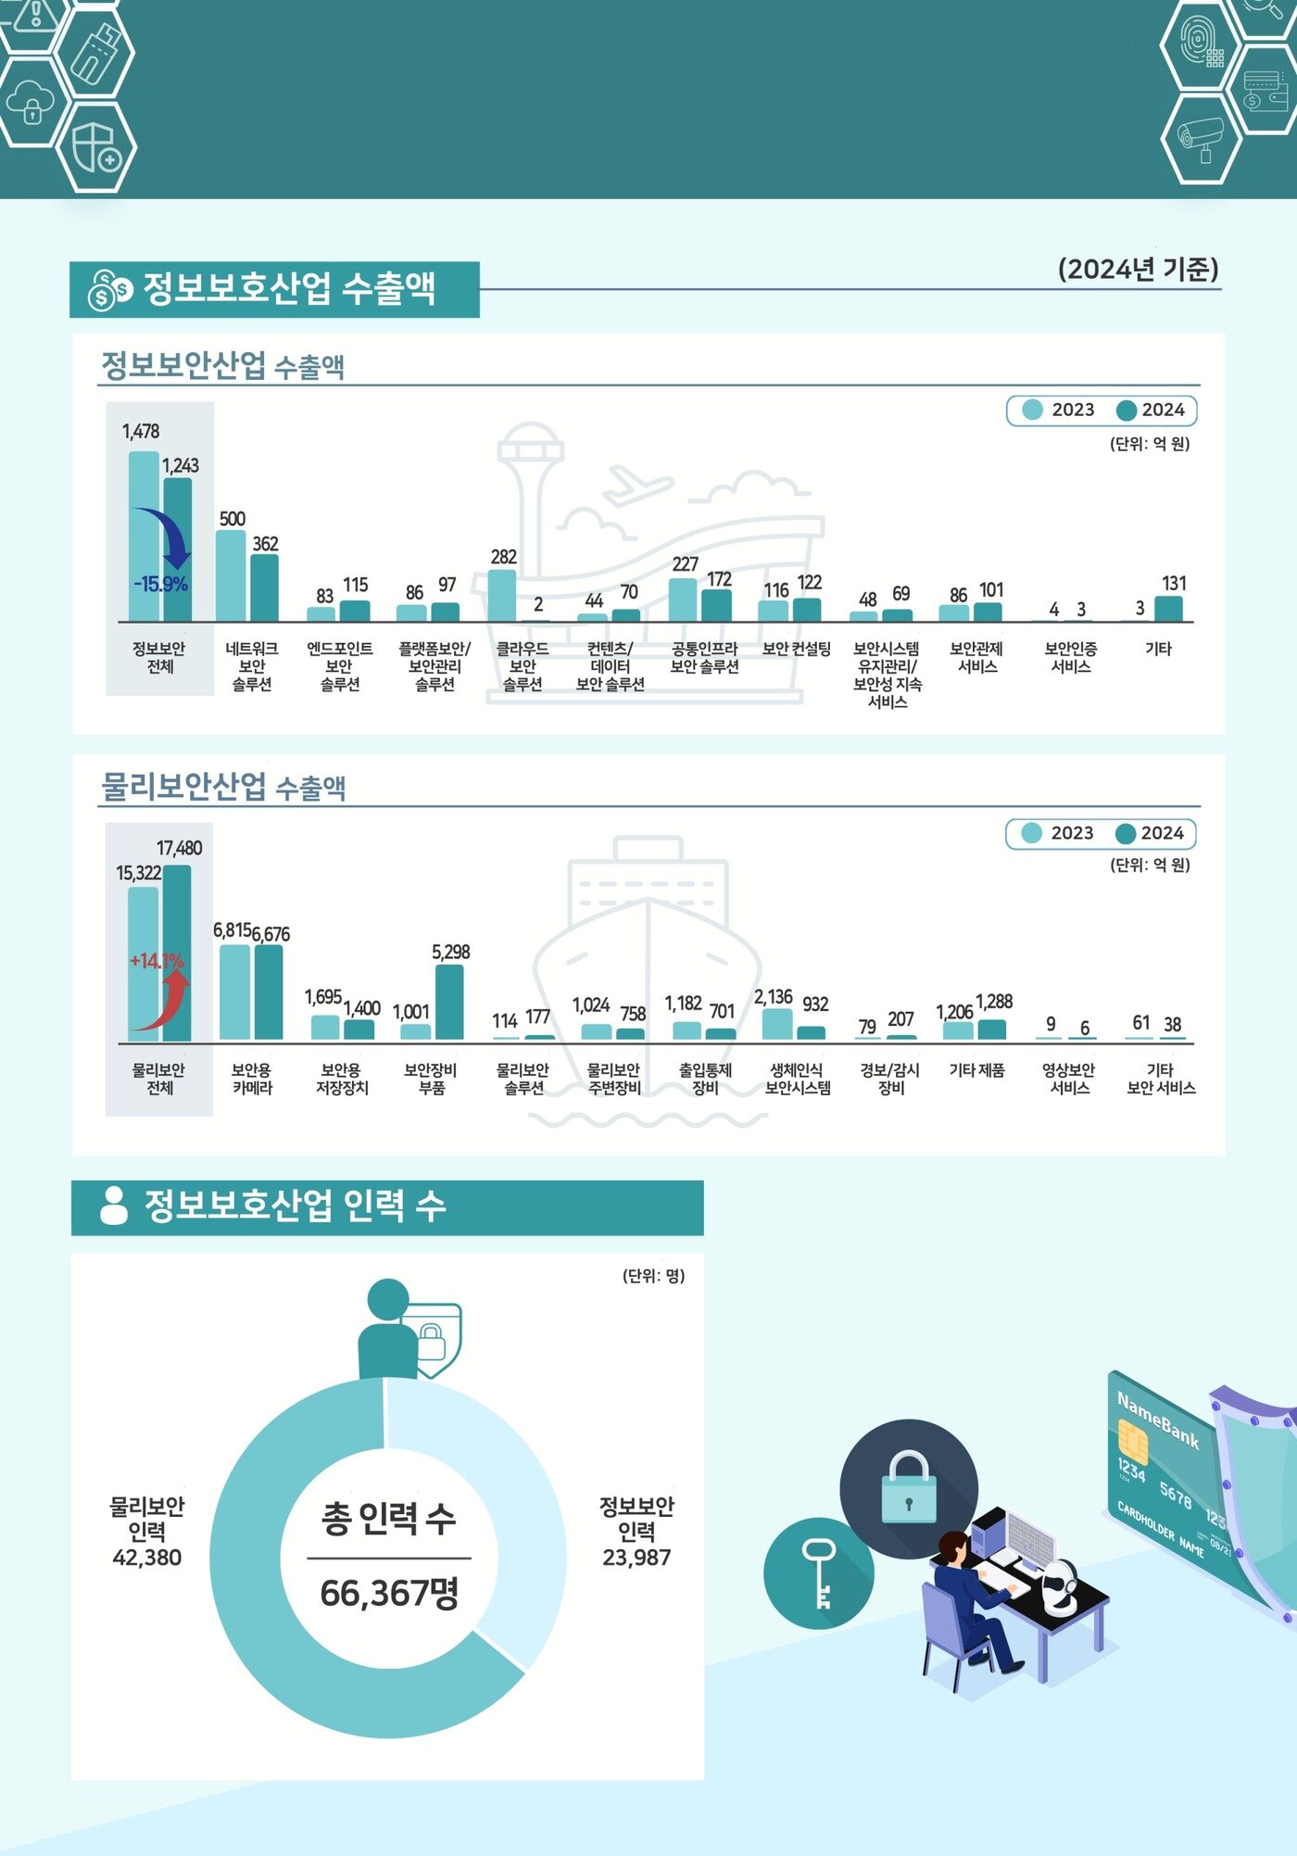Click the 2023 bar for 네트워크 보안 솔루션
[231, 575]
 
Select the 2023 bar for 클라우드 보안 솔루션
[502, 595]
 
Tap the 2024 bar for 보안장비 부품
[449, 1002]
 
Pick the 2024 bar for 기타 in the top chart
[1168, 609]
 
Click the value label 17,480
[179, 848]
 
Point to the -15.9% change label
[160, 585]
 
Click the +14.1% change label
[157, 961]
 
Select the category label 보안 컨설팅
[796, 649]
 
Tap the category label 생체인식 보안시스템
[797, 1079]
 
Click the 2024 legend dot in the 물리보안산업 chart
[1126, 833]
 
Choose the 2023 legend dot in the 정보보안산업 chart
[1032, 410]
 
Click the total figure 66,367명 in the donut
[389, 1593]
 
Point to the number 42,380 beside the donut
[147, 1558]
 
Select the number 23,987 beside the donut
[636, 1558]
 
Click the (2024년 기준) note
[1138, 270]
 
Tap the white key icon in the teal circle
[819, 1572]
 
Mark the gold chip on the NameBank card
[1133, 1439]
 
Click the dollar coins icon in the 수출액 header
[109, 290]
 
